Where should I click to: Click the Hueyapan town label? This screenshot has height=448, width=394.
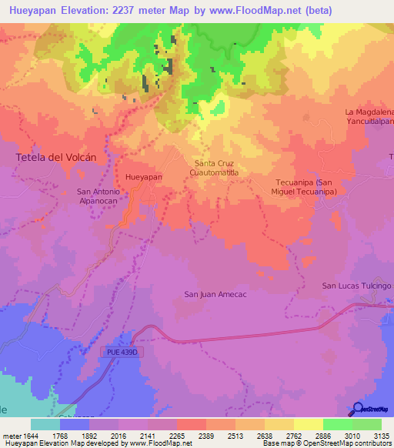[x=144, y=176]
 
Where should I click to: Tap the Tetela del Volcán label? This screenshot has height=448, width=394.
[x=56, y=157]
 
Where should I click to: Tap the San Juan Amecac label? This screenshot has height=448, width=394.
[x=215, y=294]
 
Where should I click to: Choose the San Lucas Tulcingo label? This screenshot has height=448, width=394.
[x=356, y=286]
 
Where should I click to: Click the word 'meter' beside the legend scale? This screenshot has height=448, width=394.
[x=11, y=435]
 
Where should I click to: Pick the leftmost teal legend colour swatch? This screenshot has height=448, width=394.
[x=45, y=424]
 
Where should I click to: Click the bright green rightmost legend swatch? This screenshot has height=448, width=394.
[x=367, y=424]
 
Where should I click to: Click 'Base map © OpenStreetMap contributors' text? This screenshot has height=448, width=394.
[x=326, y=443]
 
